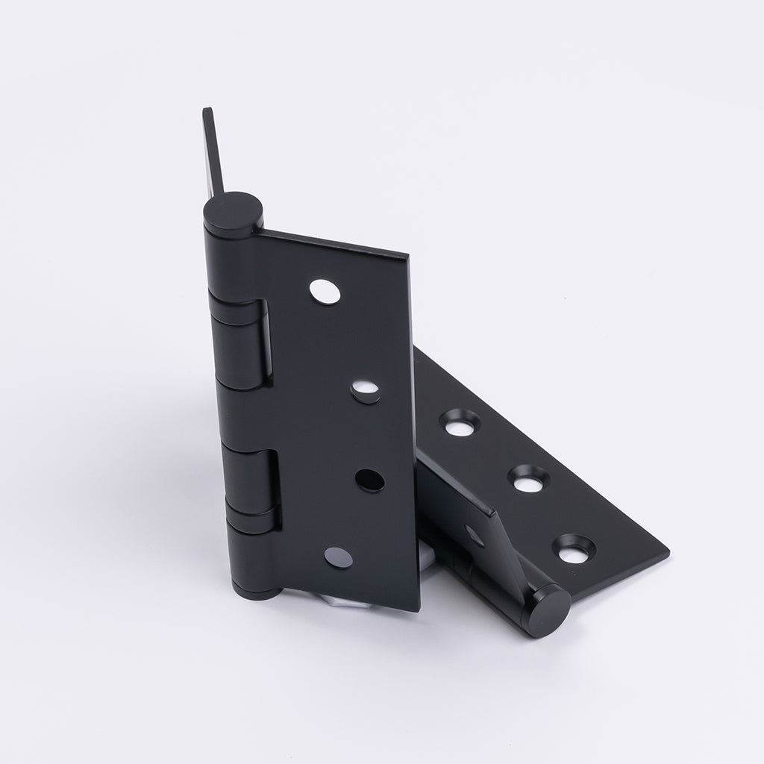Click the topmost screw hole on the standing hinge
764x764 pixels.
coord(325,292)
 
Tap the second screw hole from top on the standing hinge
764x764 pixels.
coord(366,390)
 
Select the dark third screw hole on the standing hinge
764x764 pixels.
coord(369,480)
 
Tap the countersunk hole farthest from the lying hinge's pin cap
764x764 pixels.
coord(459,423)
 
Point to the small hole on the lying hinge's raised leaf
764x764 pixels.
coord(473,535)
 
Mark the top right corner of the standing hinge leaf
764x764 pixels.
coord(407,257)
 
